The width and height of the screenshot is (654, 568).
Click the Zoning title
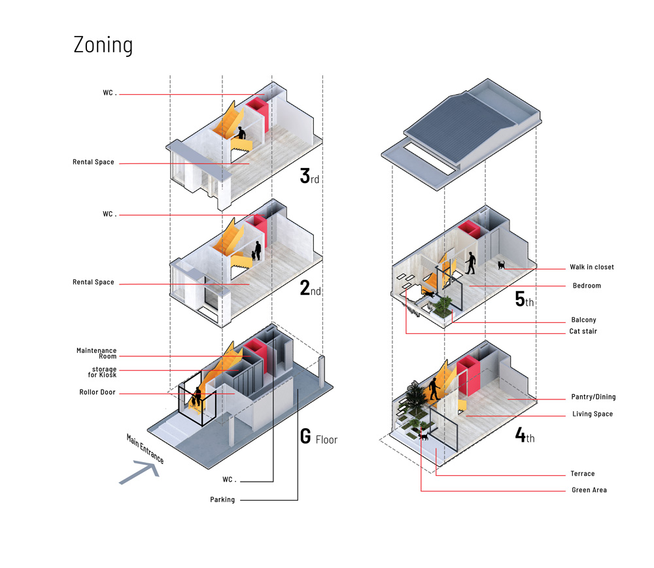tap(103, 45)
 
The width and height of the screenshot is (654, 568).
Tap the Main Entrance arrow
tap(140, 472)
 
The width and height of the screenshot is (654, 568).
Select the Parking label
tap(222, 500)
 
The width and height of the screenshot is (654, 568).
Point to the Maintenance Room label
tap(96, 354)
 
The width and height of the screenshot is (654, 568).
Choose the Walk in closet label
tap(592, 267)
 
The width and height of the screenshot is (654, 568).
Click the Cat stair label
tap(583, 332)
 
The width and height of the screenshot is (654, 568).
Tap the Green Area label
tap(589, 490)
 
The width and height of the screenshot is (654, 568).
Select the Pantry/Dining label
tap(593, 397)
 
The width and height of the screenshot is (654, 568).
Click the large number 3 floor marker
tap(305, 176)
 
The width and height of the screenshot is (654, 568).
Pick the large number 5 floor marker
tap(520, 299)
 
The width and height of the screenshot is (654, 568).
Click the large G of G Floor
tap(305, 437)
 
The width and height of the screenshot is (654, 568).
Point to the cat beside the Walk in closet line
tap(502, 265)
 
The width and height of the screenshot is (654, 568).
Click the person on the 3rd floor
tap(241, 133)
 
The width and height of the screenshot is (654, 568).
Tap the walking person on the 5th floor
tap(470, 263)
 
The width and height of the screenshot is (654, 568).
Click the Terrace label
tap(583, 474)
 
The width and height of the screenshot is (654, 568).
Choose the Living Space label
tap(593, 414)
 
